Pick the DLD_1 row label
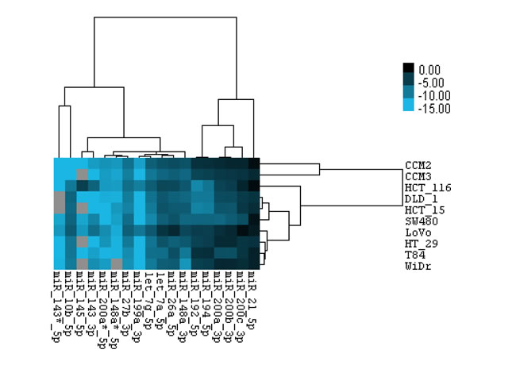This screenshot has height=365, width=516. [x=418, y=198]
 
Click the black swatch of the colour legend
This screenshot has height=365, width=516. [x=408, y=69]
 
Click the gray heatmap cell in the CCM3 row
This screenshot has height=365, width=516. [x=81, y=175]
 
